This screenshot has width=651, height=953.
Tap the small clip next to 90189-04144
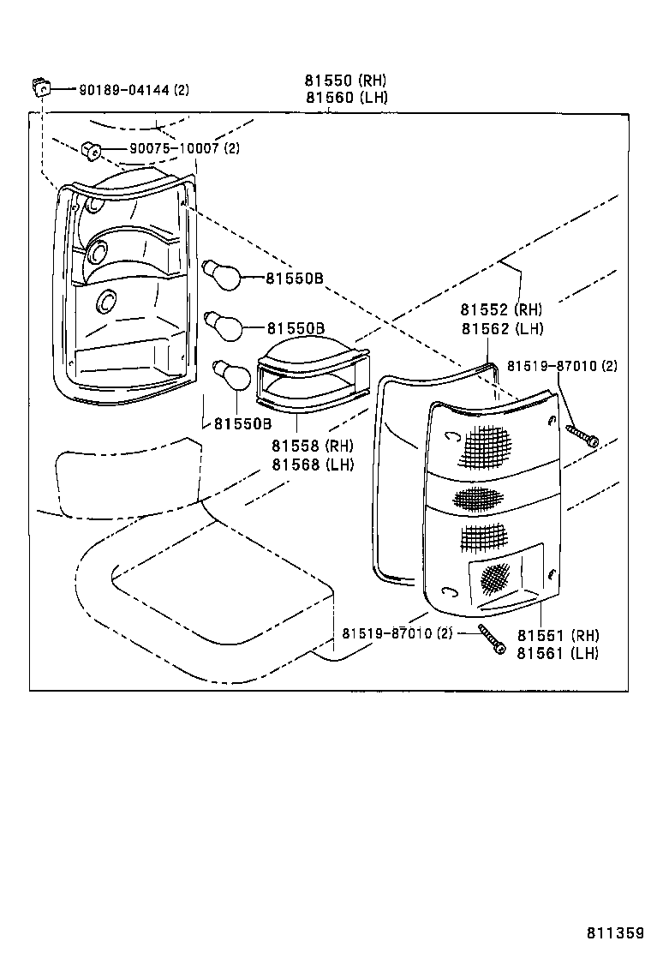[x=39, y=85]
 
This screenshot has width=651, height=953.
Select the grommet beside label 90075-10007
[x=92, y=150]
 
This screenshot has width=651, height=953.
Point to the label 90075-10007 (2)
[x=184, y=148]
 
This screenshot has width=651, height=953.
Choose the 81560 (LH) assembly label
[x=345, y=98]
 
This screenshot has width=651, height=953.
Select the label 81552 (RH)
[x=501, y=310]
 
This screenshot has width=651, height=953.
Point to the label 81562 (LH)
[x=501, y=328]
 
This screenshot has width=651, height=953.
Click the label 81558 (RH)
[x=312, y=446]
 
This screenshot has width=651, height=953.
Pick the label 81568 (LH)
[x=312, y=465]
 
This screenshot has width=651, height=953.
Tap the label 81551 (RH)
[x=558, y=635]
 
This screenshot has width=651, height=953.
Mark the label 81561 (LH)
[x=558, y=653]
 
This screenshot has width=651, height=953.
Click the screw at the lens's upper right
[x=582, y=435]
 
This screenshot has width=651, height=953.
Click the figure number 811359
[x=615, y=932]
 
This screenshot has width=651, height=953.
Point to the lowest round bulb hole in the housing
[x=107, y=300]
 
